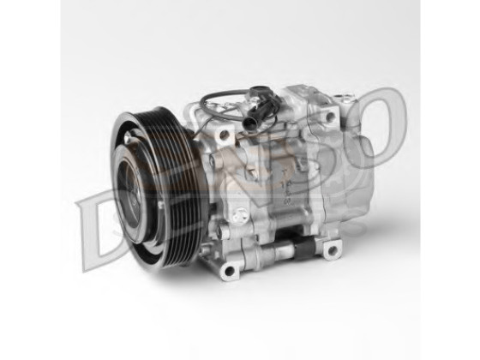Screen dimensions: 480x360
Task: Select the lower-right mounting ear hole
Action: click(331, 249)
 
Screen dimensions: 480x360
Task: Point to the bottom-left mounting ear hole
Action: click(228, 271)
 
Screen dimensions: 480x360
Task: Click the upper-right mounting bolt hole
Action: click(330, 117)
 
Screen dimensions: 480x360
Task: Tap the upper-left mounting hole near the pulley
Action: click(224, 134)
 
